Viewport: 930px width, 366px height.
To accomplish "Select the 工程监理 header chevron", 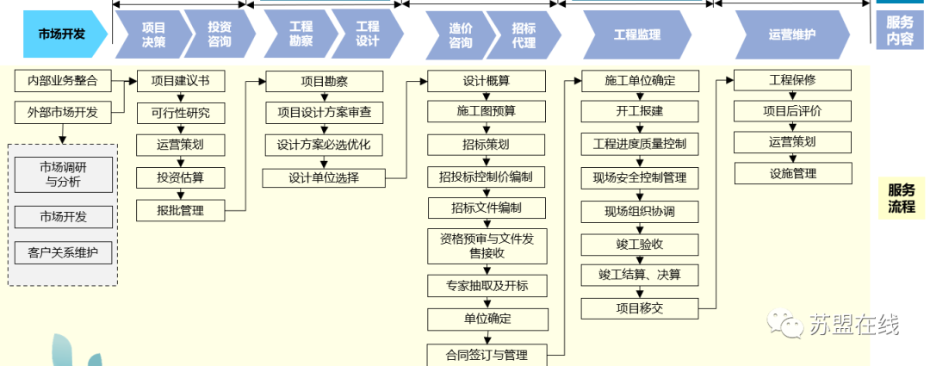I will [637, 34].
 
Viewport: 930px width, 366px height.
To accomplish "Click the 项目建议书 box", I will [180, 82].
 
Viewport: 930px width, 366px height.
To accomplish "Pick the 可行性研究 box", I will [180, 113].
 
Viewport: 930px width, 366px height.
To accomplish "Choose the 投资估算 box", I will [180, 177].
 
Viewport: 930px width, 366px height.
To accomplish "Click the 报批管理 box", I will [180, 209].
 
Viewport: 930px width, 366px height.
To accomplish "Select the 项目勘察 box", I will [323, 82].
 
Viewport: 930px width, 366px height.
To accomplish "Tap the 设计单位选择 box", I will [323, 178].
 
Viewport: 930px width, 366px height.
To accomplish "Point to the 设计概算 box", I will [487, 82].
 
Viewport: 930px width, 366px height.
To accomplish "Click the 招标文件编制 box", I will [487, 208].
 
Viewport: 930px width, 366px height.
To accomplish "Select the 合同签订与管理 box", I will [487, 355].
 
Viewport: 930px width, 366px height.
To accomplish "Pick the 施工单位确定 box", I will [640, 82].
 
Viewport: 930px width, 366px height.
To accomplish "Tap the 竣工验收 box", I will [640, 244].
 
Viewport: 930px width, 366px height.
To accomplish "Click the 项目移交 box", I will [640, 307].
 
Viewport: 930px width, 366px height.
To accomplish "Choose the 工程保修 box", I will [792, 80].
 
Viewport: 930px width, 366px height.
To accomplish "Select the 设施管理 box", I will [792, 173].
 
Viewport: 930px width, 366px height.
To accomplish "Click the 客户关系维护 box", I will [63, 253].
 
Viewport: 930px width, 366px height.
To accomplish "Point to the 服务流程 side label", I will [902, 198].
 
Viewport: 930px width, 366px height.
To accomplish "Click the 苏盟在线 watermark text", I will [853, 326].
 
